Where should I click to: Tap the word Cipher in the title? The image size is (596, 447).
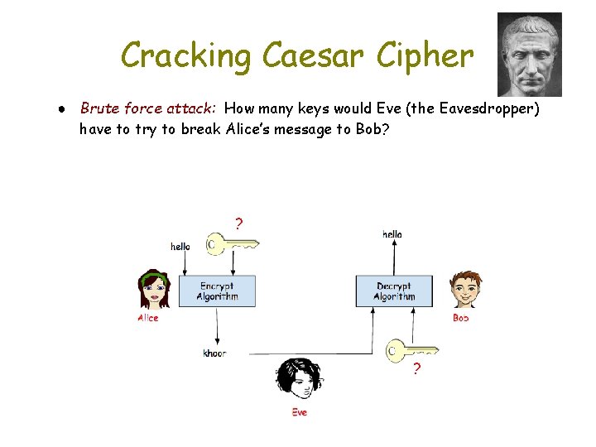[423, 56]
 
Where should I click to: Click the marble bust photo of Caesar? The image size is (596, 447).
[529, 55]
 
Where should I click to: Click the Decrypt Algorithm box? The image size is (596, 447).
[394, 291]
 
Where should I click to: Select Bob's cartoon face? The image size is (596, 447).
[466, 291]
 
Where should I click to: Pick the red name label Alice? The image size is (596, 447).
[148, 318]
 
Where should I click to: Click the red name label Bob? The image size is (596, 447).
[460, 318]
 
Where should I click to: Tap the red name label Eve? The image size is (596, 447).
[299, 411]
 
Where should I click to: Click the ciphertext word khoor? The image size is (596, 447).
[214, 353]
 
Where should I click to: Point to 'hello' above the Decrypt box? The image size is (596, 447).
[392, 234]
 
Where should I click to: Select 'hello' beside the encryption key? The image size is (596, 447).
[180, 246]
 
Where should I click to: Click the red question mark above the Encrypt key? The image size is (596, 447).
[239, 223]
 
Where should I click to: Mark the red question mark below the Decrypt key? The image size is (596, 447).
[416, 369]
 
